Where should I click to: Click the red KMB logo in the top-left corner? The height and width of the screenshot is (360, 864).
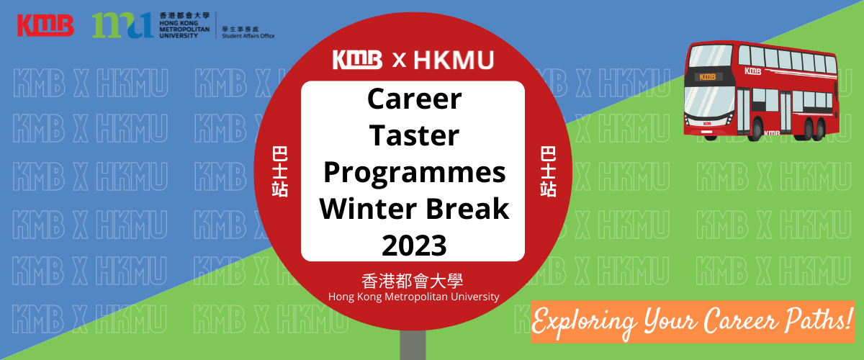[x=45, y=25]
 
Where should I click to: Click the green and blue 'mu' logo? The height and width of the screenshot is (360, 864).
[x=122, y=25]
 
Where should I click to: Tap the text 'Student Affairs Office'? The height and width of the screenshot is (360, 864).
[x=248, y=36]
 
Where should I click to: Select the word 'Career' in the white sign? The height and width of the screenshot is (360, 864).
[x=414, y=99]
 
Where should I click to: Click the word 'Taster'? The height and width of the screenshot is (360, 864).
[x=414, y=135]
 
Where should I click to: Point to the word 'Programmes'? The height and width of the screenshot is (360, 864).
[x=414, y=173]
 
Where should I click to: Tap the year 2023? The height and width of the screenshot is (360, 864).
[x=414, y=246]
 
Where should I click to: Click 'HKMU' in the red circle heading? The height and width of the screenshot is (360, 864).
[x=454, y=60]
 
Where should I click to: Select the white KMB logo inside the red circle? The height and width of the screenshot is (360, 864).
[x=357, y=60]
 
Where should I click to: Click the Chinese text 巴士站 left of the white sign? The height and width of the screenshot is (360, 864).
[x=279, y=171]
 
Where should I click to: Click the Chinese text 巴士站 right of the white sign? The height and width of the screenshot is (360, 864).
[x=548, y=171]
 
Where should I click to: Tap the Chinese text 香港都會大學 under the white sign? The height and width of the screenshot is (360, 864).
[x=412, y=281]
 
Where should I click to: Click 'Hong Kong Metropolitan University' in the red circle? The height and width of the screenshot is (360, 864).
[x=413, y=297]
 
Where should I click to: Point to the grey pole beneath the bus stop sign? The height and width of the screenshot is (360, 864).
[x=413, y=345]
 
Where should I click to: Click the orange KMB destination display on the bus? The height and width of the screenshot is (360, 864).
[x=707, y=77]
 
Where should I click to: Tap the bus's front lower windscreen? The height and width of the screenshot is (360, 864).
[x=709, y=101]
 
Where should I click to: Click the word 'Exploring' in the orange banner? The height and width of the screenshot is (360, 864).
[x=584, y=322]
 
